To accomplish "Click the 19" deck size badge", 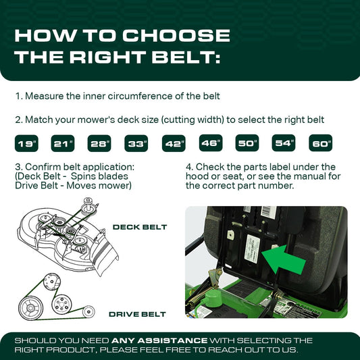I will click(x=27, y=143).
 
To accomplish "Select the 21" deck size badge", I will click(x=64, y=143).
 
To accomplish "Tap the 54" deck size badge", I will click(x=284, y=143).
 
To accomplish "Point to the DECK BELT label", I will click(x=139, y=227).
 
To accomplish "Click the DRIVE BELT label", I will click(x=137, y=314).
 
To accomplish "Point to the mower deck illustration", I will click(x=68, y=233).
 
